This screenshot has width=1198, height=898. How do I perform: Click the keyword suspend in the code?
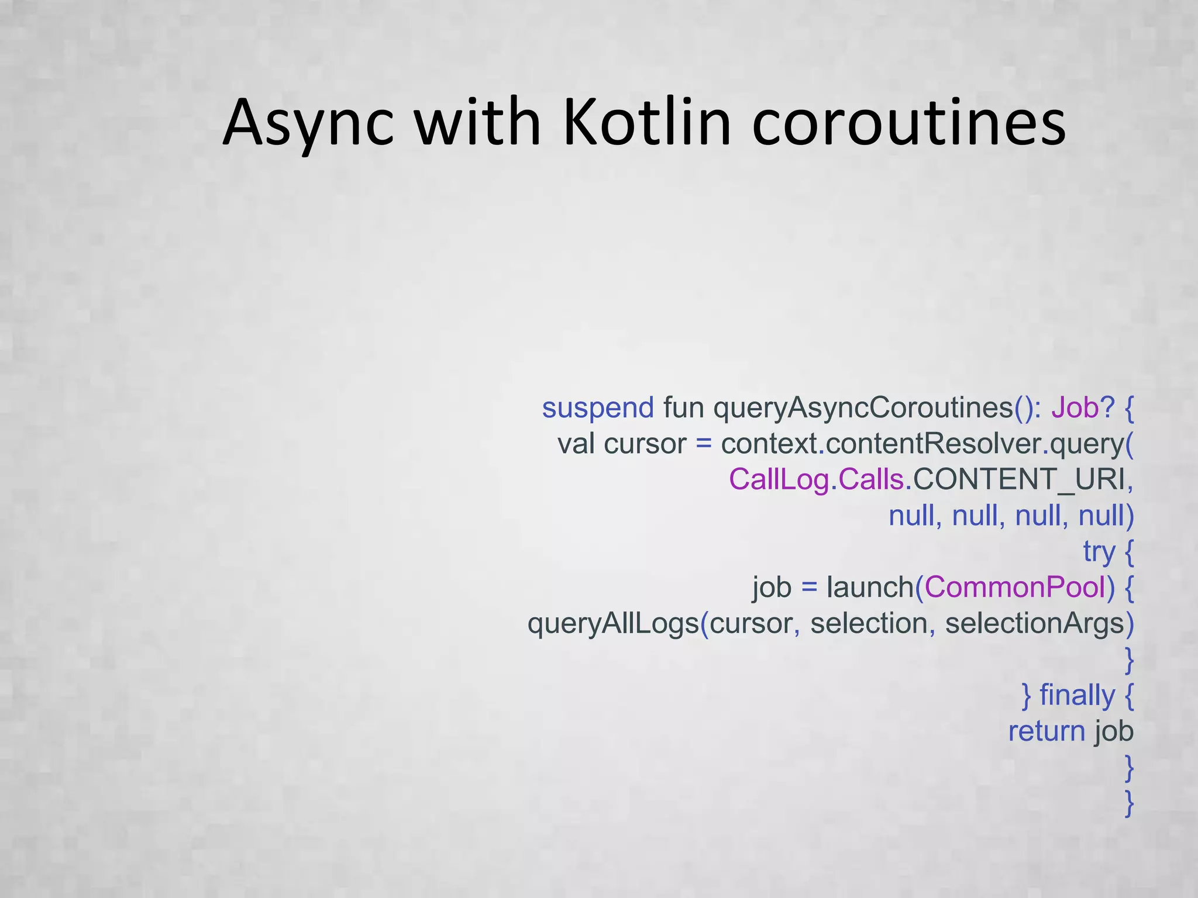click(x=597, y=408)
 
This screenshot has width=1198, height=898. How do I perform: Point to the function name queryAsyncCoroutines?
click(x=863, y=408)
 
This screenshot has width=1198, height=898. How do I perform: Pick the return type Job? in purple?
click(x=1082, y=408)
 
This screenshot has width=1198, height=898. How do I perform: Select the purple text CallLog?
click(x=779, y=480)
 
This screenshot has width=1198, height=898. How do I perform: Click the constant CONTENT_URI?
click(x=1018, y=480)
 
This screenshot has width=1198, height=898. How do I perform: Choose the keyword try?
click(x=1099, y=552)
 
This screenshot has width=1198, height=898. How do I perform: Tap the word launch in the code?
click(x=870, y=588)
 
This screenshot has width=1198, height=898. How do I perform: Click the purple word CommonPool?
click(x=1015, y=588)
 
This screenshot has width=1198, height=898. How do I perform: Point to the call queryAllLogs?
click(x=613, y=624)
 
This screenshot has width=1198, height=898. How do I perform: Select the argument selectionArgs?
click(x=1035, y=624)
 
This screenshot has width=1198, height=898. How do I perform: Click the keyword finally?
click(x=1077, y=696)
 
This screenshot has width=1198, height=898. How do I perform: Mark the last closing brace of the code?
click(x=1129, y=804)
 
